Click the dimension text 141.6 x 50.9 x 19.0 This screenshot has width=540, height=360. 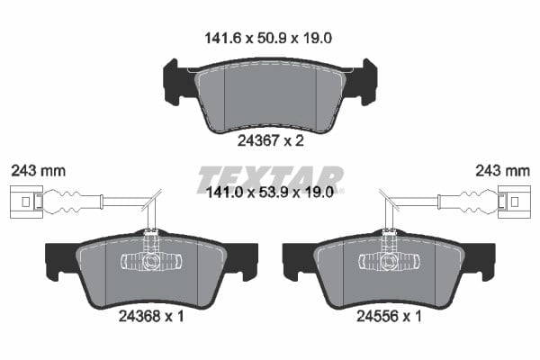pos(268,38)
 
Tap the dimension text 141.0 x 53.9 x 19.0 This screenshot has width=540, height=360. pos(269,193)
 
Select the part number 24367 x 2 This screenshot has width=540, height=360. pos(271,140)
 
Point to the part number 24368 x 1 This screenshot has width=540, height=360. pos(151,316)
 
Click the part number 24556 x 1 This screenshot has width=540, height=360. pos(389,316)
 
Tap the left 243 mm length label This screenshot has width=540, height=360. pos(38,171)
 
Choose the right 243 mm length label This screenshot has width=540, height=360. pos(502,171)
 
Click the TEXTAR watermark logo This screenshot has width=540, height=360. pos(270,179)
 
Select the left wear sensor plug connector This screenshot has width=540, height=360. pos(26,202)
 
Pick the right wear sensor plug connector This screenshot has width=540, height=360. pos(514,202)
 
